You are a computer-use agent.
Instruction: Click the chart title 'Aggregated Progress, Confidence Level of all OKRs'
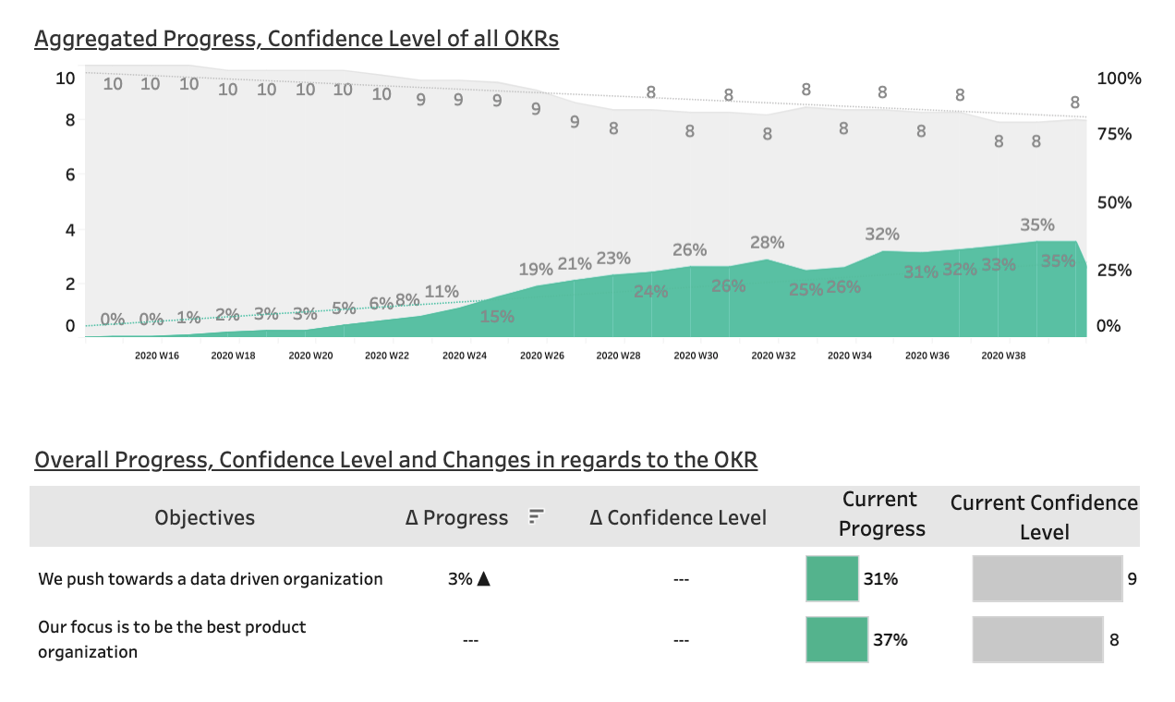pyautogui.click(x=297, y=39)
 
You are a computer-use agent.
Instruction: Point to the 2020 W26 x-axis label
pyautogui.click(x=541, y=356)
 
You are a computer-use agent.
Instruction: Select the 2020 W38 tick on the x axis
pyautogui.click(x=1003, y=356)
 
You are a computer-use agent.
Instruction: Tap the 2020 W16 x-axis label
pyautogui.click(x=157, y=356)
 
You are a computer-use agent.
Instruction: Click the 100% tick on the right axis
pyautogui.click(x=1119, y=79)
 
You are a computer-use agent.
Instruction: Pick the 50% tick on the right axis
pyautogui.click(x=1113, y=202)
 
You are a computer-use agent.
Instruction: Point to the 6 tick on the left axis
pyautogui.click(x=69, y=175)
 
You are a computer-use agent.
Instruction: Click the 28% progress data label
pyautogui.click(x=767, y=243)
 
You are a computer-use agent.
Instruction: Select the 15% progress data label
pyautogui.click(x=497, y=317)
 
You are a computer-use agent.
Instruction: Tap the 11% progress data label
pyautogui.click(x=442, y=292)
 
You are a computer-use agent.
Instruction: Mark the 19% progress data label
pyautogui.click(x=536, y=270)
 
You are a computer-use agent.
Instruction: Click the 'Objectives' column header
pyautogui.click(x=205, y=518)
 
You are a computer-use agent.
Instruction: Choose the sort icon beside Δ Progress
pyautogui.click(x=536, y=517)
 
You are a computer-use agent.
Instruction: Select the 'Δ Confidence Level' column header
pyautogui.click(x=678, y=518)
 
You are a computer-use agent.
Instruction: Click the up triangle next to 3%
pyautogui.click(x=482, y=579)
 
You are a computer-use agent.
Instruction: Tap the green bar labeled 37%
pyautogui.click(x=837, y=639)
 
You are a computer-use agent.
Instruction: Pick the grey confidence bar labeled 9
pyautogui.click(x=1047, y=579)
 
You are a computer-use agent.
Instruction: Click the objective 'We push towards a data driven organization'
pyautogui.click(x=211, y=579)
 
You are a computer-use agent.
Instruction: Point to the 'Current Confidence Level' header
pyautogui.click(x=1045, y=517)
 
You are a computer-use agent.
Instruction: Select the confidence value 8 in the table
pyautogui.click(x=1114, y=639)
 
